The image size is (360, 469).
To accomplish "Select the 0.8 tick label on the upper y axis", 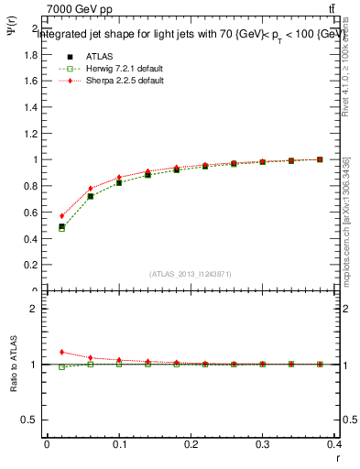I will (x=29, y=186).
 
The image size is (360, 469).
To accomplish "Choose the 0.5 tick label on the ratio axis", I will (x=29, y=420).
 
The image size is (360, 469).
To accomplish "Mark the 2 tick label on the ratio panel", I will (x=33, y=309).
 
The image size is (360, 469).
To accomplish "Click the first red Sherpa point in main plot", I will (x=61, y=216).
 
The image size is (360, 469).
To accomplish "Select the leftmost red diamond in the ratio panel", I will (x=61, y=352).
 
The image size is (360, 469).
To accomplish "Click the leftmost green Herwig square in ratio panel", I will (x=61, y=367).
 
